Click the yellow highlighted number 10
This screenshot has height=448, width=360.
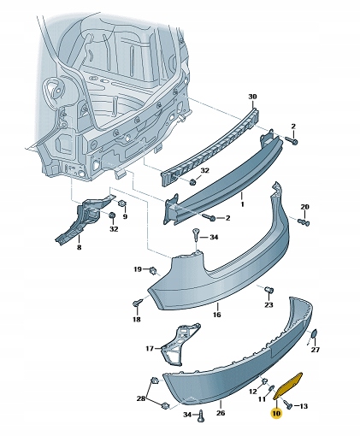pos(275,412)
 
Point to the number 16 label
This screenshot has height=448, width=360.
pos(216,315)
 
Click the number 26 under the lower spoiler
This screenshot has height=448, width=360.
pos(221,413)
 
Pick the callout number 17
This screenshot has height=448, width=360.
pos(149,348)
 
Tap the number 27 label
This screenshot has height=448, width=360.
pos(315,350)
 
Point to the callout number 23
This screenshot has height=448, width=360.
pos(268,304)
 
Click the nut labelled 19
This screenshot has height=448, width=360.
pos(153,270)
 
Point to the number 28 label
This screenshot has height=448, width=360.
pos(141,399)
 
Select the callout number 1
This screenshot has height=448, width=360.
pos(243,204)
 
